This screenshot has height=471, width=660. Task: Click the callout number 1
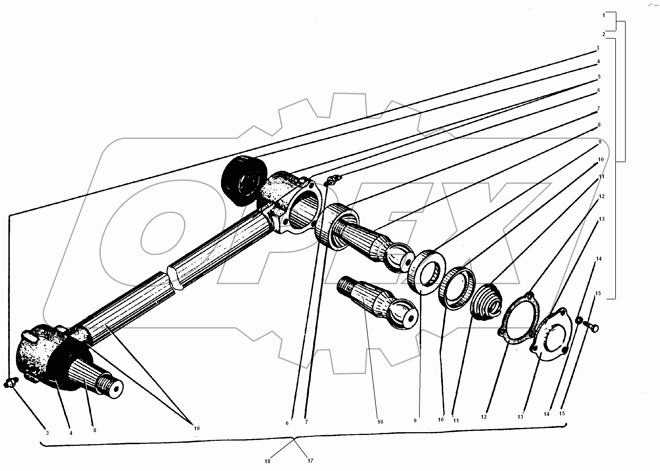point(604,15)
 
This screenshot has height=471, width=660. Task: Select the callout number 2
point(604,34)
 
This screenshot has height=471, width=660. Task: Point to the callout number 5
point(599,77)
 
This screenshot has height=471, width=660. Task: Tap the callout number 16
point(380,422)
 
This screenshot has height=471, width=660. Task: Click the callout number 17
point(310,461)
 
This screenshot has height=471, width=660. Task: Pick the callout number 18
point(267,461)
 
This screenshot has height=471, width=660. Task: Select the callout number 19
point(197,428)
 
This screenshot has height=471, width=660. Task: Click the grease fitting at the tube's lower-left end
point(11,383)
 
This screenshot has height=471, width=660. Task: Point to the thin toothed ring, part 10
point(457,288)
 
